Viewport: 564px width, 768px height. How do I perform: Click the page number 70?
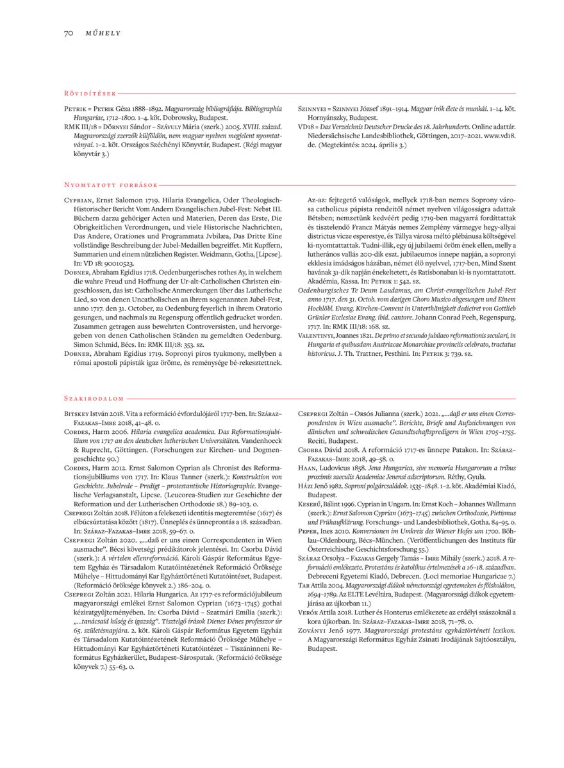tap(69, 33)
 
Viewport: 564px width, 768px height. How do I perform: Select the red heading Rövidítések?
tap(90, 94)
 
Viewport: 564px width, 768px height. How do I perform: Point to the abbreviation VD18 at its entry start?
tap(306, 127)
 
